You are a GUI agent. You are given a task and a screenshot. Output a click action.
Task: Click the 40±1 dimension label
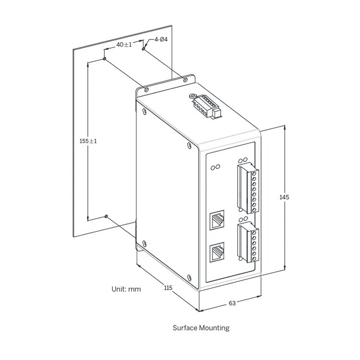coord(124,45)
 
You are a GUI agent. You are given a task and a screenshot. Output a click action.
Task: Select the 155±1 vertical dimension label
coord(88,141)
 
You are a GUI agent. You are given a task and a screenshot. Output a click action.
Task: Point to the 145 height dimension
coord(284,197)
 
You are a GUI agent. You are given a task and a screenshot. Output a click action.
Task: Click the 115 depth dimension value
coord(168,288)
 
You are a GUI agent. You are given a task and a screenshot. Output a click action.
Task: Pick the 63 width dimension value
coord(232,303)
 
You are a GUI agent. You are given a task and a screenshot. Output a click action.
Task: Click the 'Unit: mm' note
coord(126,289)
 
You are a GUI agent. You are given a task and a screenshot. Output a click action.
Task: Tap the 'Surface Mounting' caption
coord(201,328)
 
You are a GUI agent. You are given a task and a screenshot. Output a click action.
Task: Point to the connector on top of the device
coord(205,107)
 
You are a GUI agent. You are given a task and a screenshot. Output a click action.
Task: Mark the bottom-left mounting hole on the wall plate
coord(107,217)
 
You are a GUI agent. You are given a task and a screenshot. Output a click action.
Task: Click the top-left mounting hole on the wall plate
coord(105,59)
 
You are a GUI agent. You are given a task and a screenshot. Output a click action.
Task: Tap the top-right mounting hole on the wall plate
coord(144,48)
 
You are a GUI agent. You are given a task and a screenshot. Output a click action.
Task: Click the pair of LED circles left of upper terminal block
coord(216,167)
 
